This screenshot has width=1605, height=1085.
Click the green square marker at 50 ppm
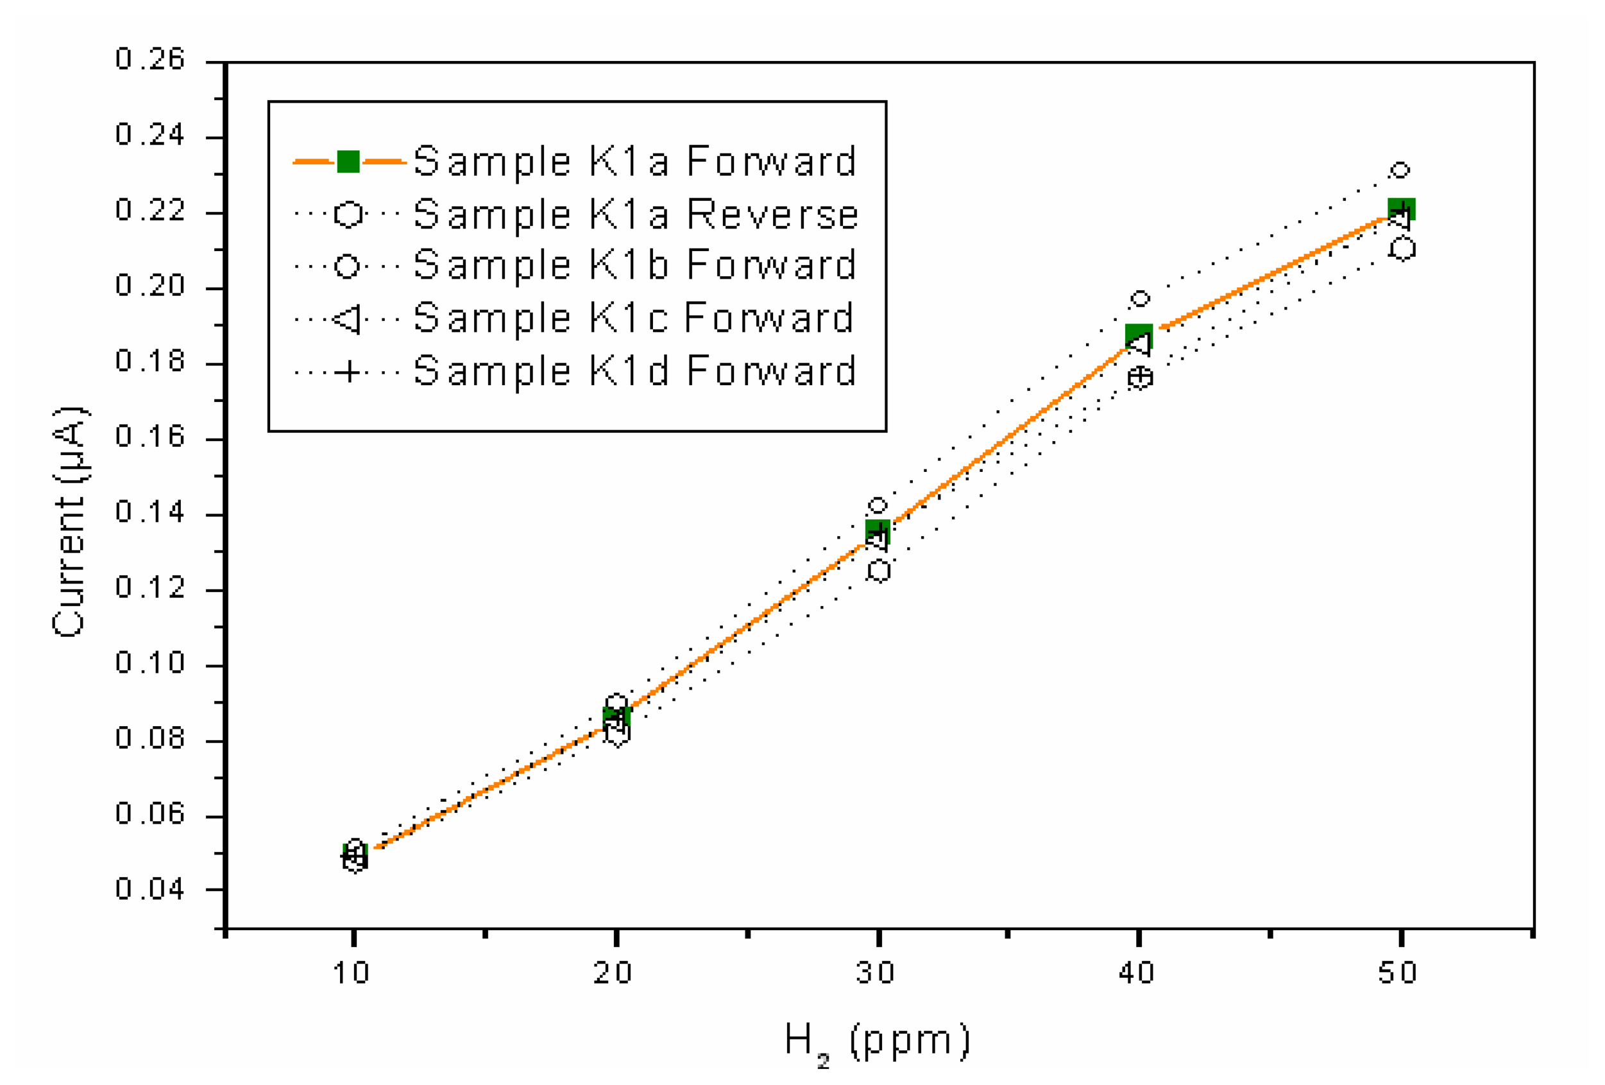1401,209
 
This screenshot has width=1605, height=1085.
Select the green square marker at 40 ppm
1138,336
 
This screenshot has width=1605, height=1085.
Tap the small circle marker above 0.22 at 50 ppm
1400,170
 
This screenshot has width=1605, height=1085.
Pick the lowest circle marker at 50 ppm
1402,249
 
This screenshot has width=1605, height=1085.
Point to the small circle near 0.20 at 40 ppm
1139,299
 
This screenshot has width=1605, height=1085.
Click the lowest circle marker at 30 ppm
878,571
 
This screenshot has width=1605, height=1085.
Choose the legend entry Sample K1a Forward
634,162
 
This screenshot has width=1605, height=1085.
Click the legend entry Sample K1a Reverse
635,214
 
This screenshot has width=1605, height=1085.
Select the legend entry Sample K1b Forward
634,266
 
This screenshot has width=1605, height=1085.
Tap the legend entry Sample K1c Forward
633,318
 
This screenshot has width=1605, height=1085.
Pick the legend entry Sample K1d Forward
634,371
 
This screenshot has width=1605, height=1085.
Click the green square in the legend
348,162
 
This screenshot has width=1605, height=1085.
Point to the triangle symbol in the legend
346,318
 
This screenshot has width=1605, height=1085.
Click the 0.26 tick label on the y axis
150,60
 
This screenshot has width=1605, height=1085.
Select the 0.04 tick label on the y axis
150,889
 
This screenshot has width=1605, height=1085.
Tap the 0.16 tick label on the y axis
150,437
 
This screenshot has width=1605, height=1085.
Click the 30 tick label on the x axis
876,973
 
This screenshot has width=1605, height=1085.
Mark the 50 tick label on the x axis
1398,973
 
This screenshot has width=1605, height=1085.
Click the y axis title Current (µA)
69,523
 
